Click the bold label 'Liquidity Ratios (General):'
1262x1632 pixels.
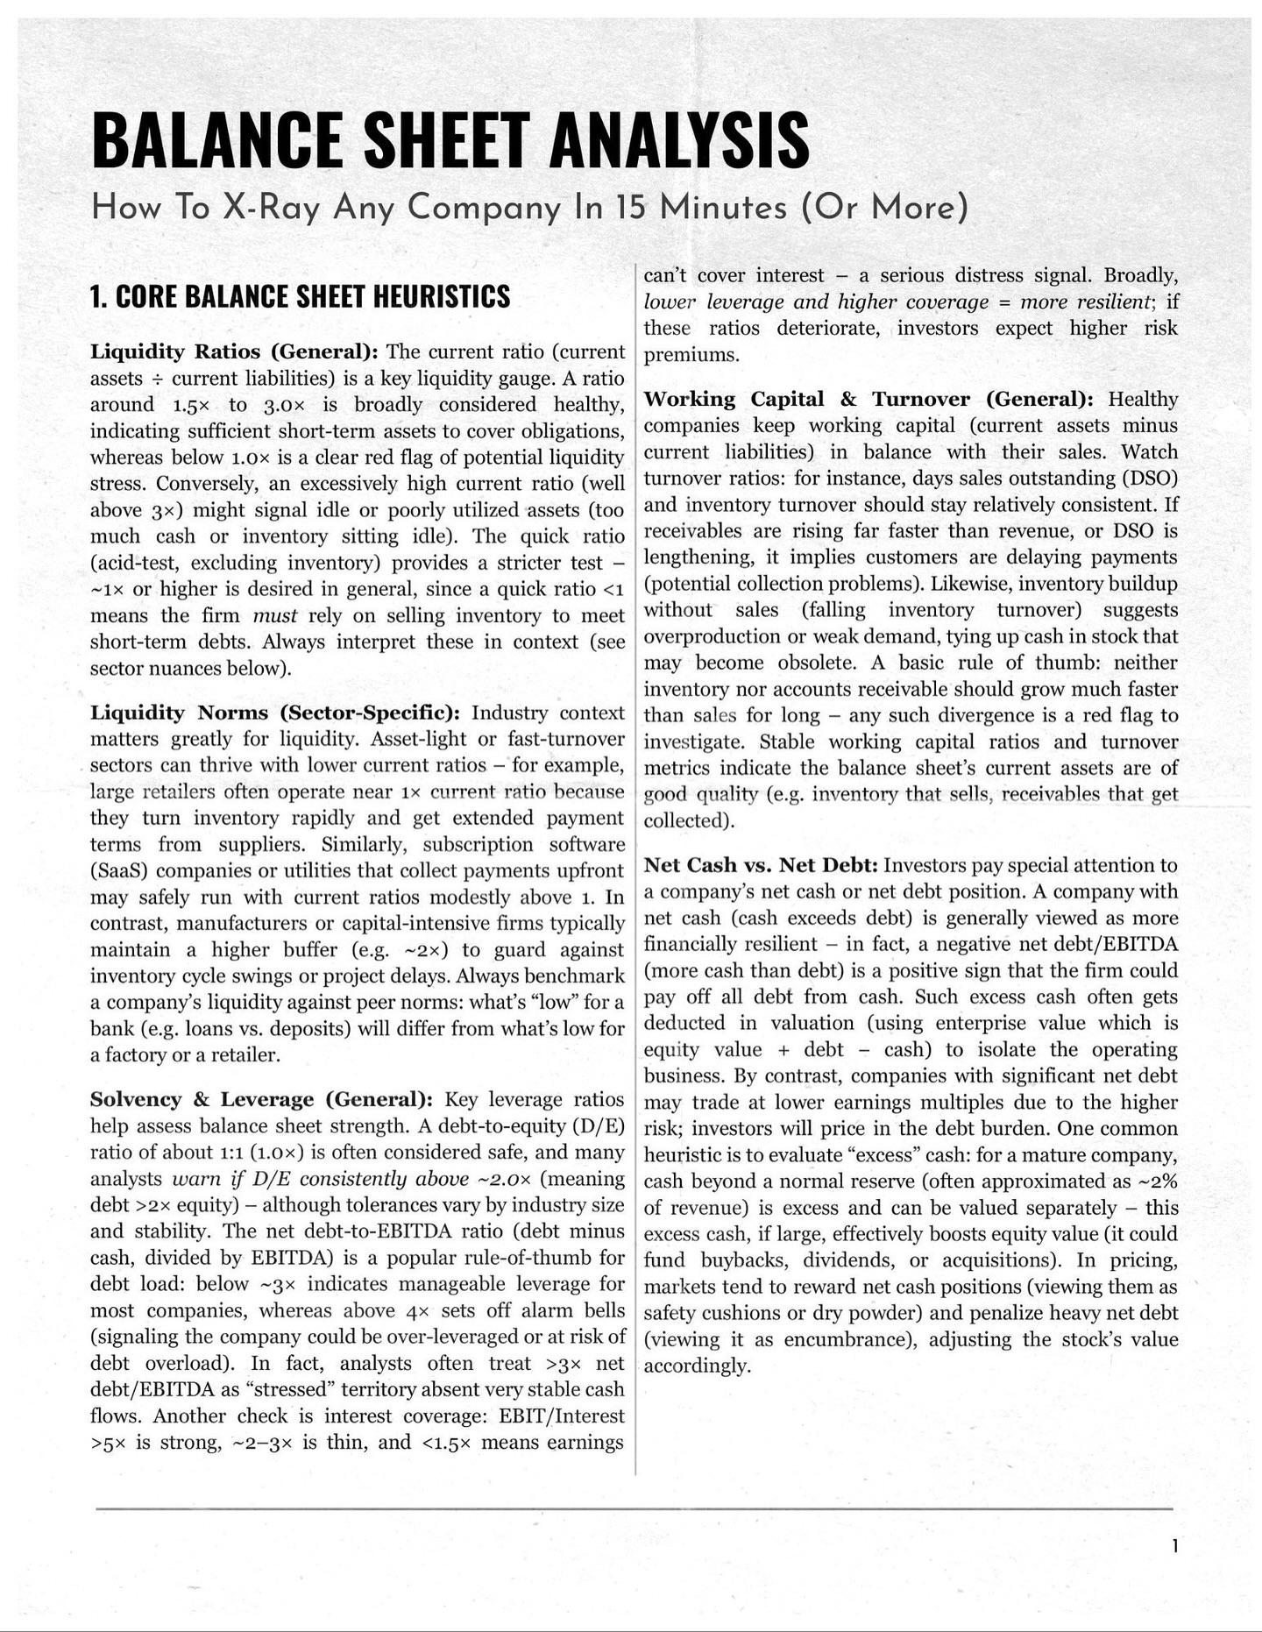(x=234, y=352)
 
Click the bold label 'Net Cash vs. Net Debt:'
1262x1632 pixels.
(x=761, y=866)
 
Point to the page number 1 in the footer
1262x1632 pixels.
(x=1174, y=1546)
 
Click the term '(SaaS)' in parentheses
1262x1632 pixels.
(x=118, y=871)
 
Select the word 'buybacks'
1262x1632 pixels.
(x=740, y=1260)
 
